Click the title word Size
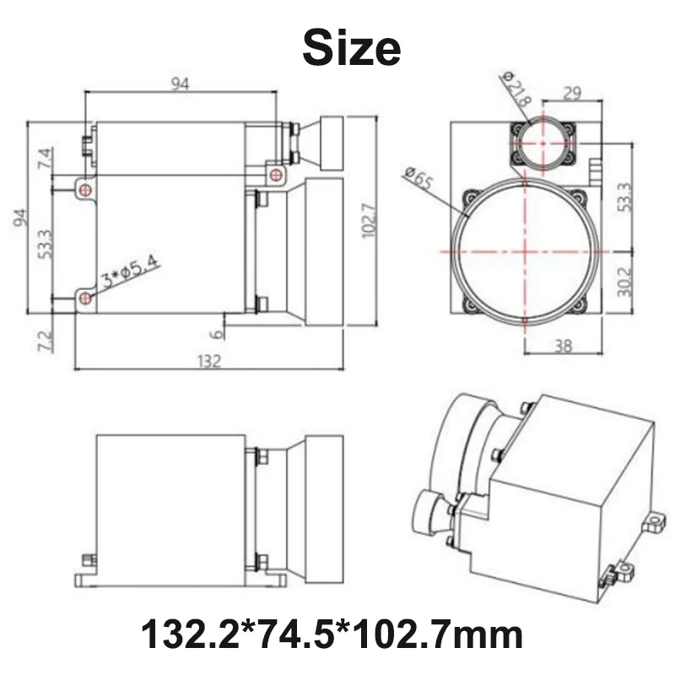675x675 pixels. [x=351, y=47]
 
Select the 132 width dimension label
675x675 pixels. [x=209, y=361]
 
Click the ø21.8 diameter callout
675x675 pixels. [x=516, y=89]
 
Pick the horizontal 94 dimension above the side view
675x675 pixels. [x=181, y=83]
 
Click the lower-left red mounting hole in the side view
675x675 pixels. [x=84, y=298]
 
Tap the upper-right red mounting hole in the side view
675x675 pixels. [x=275, y=174]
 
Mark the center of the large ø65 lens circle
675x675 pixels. [x=526, y=251]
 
